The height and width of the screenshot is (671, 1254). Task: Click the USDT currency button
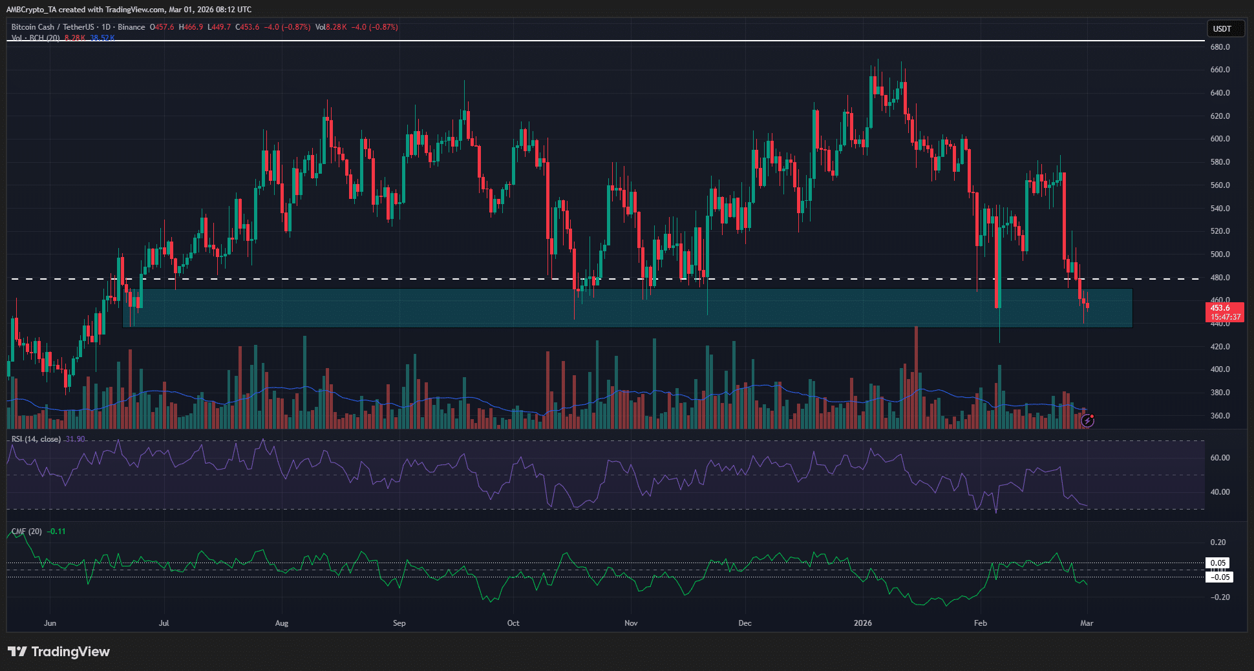coord(1222,28)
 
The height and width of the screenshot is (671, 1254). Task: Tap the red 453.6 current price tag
coord(1224,312)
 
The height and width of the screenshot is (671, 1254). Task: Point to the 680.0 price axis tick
coord(1220,47)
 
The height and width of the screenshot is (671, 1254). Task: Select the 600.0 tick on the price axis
coord(1220,139)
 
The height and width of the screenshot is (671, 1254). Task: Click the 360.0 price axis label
coord(1220,416)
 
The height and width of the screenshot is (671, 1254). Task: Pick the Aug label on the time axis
coord(282,623)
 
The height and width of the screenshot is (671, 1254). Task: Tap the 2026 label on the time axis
coord(862,623)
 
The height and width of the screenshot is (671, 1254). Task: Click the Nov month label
coord(631,623)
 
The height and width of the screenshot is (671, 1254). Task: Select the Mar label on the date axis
coord(1087,623)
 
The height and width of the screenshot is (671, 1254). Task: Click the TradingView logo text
coord(59,652)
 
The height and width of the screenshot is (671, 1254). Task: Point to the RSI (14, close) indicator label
coord(36,439)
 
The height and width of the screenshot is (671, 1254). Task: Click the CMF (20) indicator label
coord(27,532)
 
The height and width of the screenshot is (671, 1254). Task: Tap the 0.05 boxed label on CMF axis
coord(1218,563)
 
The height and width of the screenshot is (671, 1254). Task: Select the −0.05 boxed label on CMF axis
coord(1219,577)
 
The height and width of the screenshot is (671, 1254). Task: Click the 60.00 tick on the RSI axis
coord(1220,458)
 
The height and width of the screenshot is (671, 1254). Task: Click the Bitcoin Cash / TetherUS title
coord(52,27)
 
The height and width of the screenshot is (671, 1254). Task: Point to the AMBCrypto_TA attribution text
coord(32,10)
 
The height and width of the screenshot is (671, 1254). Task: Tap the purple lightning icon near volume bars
coord(1088,421)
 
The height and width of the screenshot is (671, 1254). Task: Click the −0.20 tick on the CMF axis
coord(1219,597)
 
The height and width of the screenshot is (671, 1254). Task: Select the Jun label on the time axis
coord(50,623)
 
